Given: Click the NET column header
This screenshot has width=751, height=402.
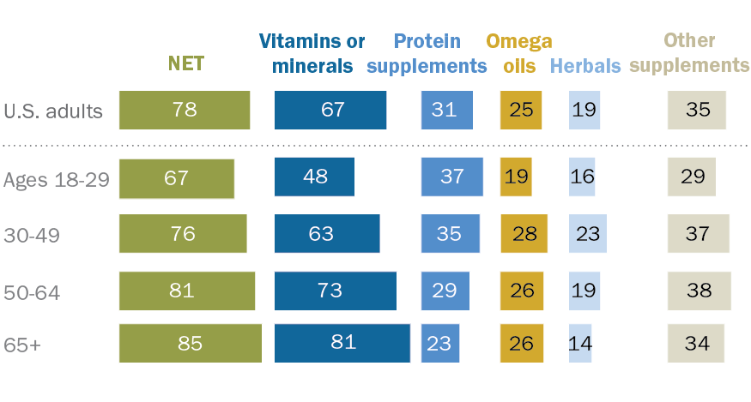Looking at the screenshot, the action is (x=186, y=63).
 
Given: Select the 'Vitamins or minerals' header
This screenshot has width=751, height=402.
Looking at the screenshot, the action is (x=312, y=54).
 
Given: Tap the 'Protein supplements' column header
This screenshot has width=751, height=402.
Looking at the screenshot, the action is (x=427, y=54).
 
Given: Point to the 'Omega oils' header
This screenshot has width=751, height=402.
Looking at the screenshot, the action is (x=519, y=54).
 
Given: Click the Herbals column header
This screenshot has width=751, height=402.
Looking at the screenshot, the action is (x=585, y=66).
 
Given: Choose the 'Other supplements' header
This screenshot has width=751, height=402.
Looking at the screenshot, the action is (x=689, y=52).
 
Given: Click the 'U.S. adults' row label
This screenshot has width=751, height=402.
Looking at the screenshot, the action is (x=53, y=111).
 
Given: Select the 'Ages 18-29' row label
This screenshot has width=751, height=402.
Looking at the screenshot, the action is (x=57, y=180).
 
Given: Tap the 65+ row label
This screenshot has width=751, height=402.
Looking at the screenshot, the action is (x=22, y=345).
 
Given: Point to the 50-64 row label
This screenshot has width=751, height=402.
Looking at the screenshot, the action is (x=32, y=293).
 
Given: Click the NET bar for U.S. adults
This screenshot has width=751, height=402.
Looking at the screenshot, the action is (x=185, y=110).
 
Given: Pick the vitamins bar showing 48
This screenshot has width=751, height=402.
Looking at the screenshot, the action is (x=314, y=177).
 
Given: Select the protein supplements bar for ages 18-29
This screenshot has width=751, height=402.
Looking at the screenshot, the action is (x=452, y=177).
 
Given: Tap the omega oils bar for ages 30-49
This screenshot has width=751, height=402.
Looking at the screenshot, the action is (x=524, y=233).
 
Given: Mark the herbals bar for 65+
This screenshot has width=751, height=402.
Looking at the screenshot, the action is (x=580, y=343).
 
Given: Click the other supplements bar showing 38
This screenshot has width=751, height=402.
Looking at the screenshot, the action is (x=700, y=291).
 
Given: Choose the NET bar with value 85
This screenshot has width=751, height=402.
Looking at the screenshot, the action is (x=191, y=343).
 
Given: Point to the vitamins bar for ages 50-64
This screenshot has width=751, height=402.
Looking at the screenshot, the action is (x=336, y=291).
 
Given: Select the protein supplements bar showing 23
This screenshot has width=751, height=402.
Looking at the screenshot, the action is (x=440, y=343).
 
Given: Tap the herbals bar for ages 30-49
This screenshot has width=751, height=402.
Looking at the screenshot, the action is (x=588, y=233).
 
